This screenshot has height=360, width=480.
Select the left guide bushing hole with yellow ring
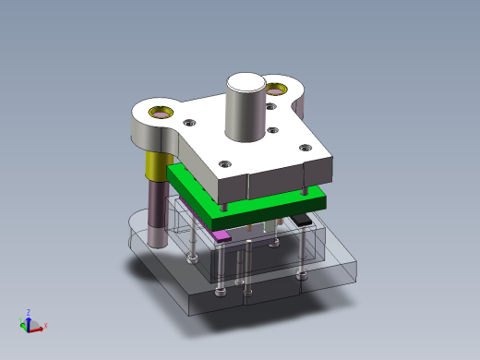click(160, 114)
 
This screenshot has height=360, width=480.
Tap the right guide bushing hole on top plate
click(277, 90)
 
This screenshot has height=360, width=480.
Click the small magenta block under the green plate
click(222, 235)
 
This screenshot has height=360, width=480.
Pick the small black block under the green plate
click(302, 220)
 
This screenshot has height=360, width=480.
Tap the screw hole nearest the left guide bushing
click(189, 123)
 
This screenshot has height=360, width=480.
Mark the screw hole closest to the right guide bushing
click(270, 108)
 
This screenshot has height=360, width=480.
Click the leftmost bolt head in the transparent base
click(191, 260)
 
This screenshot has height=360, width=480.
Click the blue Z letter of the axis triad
click(29, 312)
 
